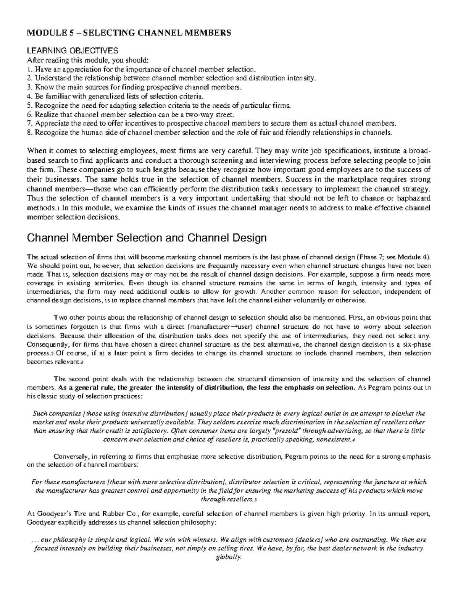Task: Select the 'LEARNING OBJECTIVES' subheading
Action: [72, 51]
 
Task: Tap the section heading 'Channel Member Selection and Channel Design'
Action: [146, 239]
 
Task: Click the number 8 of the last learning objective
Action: [29, 133]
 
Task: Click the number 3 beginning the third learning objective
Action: [29, 87]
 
